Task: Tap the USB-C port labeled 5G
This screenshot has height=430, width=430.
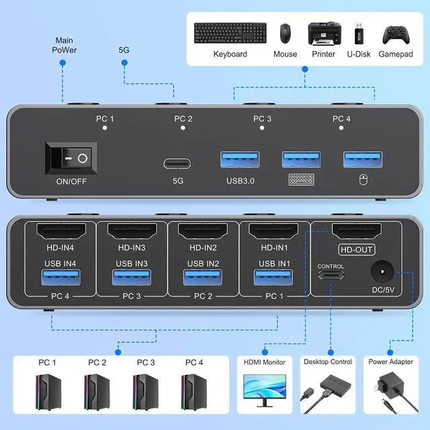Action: (177, 163)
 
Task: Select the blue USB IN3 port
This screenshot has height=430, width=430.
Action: (130, 277)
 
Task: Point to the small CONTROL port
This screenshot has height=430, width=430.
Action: (331, 275)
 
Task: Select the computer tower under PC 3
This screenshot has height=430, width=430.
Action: (146, 390)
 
